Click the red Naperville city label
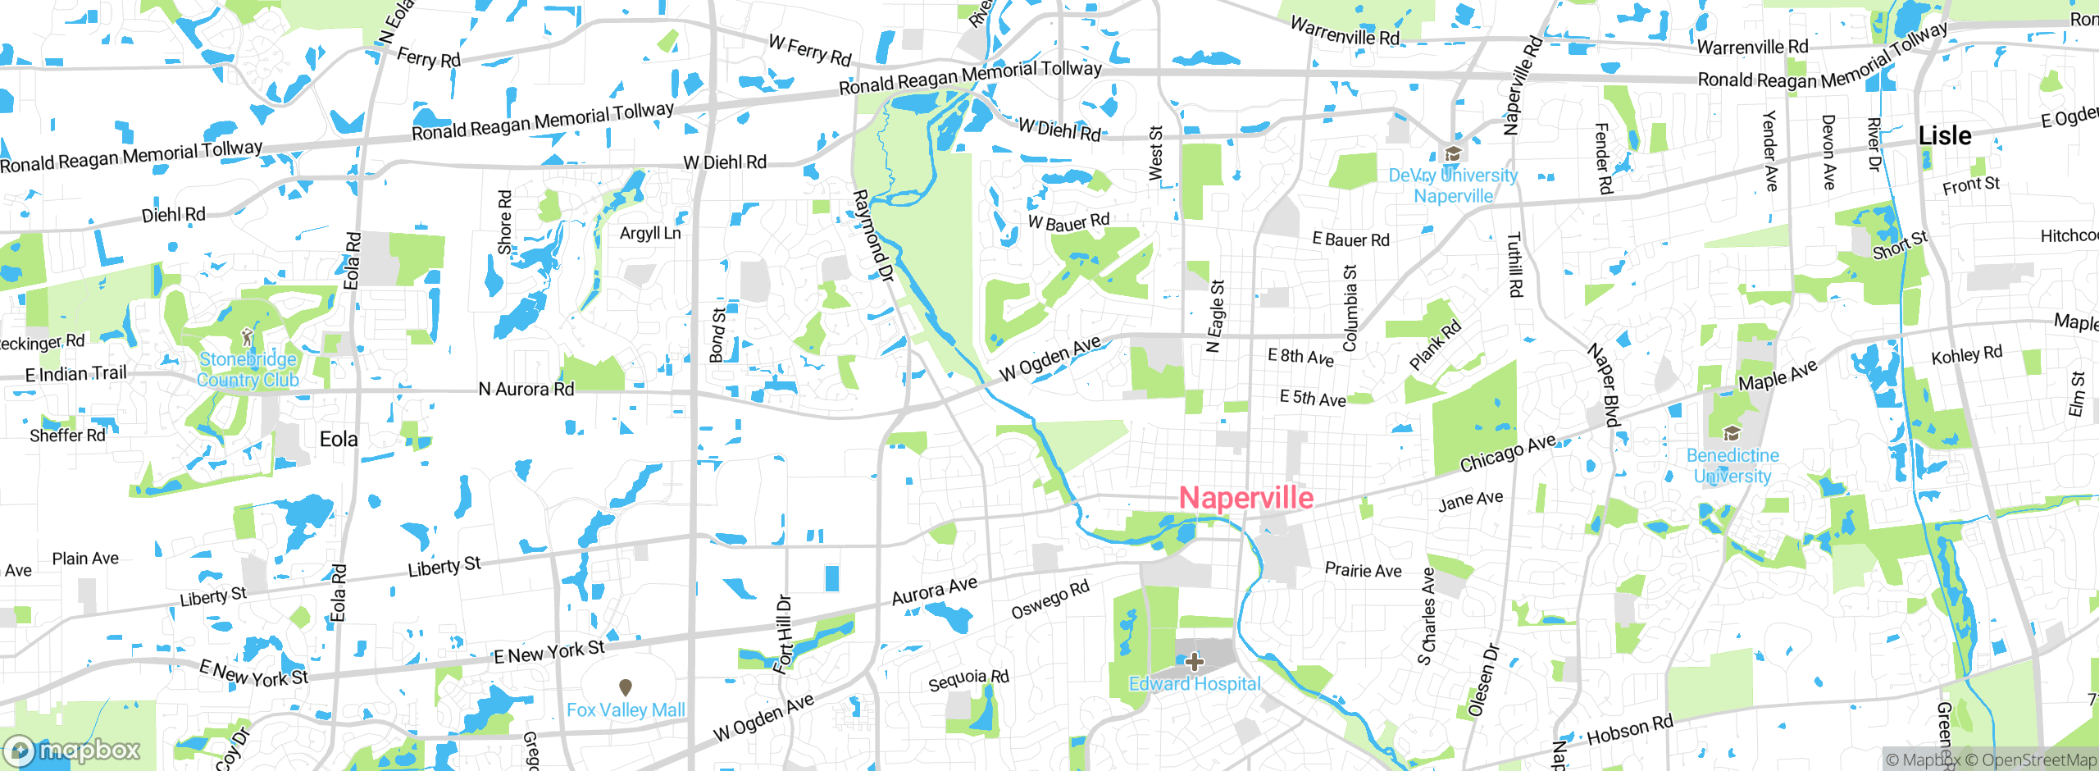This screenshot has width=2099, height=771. pos(1246,498)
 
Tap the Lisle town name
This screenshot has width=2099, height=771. pos(1945,135)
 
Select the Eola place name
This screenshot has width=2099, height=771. pos(339,440)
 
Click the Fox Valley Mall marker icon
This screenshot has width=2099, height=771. pos(626,687)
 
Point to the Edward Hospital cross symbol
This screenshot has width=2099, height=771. pos(1195,661)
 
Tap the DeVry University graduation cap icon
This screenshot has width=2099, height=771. pos(1453,154)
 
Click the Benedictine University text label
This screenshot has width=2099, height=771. pos(1732,466)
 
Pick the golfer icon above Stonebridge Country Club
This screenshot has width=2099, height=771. pos(248,338)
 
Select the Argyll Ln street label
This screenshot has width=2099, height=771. pos(650,233)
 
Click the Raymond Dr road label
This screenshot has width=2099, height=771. pos(872,236)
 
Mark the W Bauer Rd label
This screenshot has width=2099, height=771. pos(1068,221)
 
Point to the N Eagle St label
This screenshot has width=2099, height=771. pos(1216,316)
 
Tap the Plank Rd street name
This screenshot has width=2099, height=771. pos(1435,344)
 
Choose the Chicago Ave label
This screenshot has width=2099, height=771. pos(1508,453)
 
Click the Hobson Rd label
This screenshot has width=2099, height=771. pos(1630,730)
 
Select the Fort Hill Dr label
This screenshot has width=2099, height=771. pos(784,633)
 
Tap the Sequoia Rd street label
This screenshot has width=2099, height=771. pos(968,680)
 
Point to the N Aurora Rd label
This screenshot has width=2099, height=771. pos(526,389)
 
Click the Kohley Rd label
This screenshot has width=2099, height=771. pos(1966,355)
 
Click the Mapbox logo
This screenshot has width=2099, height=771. pos(72,750)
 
